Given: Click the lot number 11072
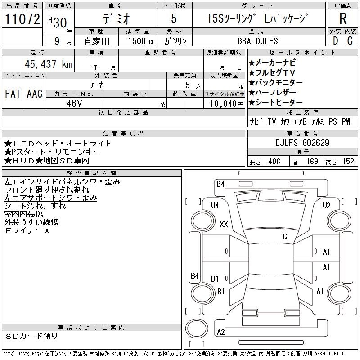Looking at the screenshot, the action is point(22,19).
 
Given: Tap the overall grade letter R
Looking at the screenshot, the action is point(343,18).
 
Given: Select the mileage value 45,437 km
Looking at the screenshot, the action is point(49,64).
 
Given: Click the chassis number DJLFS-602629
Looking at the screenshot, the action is point(302,143).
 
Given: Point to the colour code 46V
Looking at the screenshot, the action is point(74,103).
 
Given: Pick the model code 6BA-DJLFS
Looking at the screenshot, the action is point(258,41).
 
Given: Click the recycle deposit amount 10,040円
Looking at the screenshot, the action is point(227,104).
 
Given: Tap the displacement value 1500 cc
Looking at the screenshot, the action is point(141,41).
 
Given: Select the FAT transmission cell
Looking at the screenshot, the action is point(13,94).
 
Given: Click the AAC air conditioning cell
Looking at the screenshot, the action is point(35,94).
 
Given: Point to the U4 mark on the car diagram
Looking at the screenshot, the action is point(215,205).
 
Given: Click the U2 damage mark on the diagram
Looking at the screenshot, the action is point(327,205).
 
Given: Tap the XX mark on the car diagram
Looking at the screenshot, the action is point(224,224).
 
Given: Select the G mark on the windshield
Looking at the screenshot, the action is point(285,237).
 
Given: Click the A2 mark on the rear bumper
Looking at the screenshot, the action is point(221,332).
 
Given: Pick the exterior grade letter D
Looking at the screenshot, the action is point(335,41).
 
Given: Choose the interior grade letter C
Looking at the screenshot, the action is point(350,41).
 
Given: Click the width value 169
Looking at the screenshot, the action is point(312,162).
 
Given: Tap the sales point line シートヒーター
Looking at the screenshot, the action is point(276,103).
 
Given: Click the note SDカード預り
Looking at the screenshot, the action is point(31,336).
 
